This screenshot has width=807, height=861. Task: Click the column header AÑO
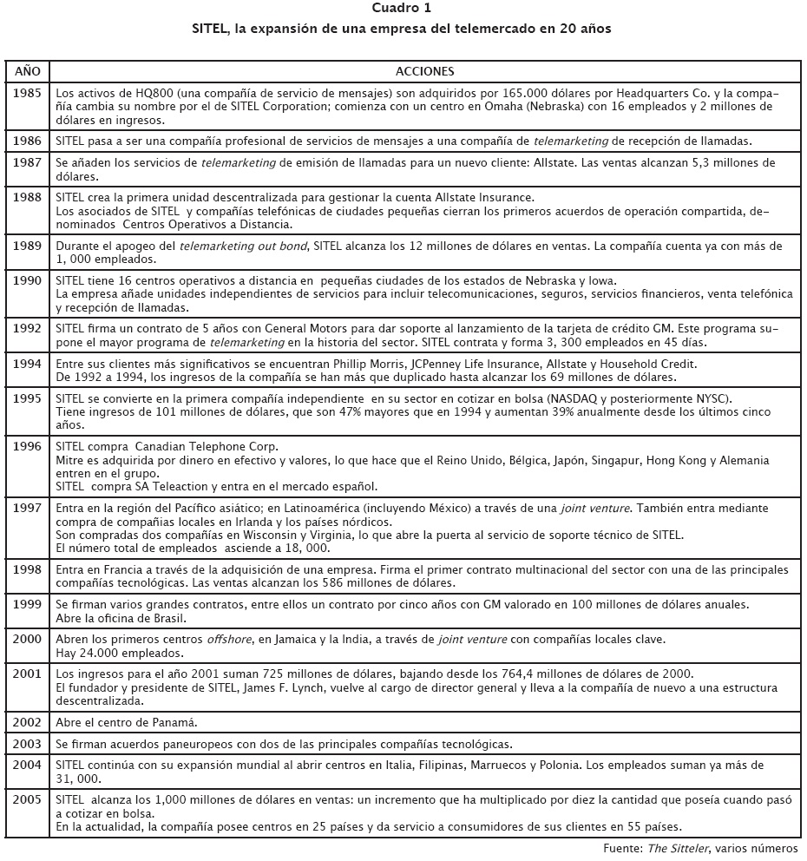click(27, 71)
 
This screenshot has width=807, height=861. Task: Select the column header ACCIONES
click(424, 71)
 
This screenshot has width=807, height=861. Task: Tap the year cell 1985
click(27, 93)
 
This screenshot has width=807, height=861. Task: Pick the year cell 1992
click(27, 329)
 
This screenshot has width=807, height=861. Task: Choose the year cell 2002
click(27, 722)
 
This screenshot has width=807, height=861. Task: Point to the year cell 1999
click(27, 604)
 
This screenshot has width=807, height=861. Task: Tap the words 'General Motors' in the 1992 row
click(309, 329)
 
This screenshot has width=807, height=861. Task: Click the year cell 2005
click(27, 799)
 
